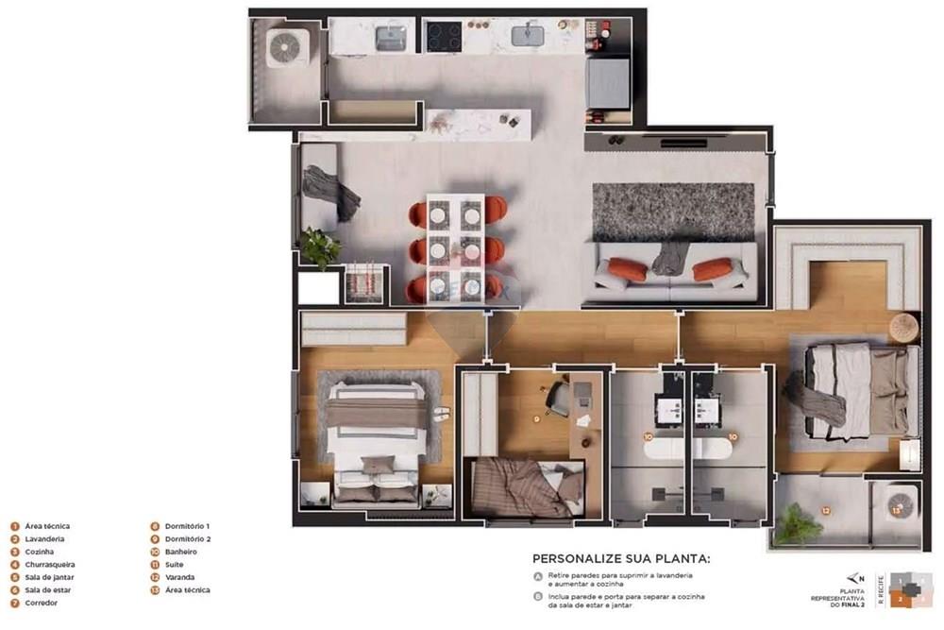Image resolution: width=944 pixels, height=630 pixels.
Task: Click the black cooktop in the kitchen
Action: pos(444,37)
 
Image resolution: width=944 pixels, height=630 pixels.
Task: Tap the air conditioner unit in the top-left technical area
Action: pos(287,47)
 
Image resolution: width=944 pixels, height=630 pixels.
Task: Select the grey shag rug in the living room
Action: pos(673,211)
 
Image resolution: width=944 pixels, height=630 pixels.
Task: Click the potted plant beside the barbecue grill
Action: pos(320,247)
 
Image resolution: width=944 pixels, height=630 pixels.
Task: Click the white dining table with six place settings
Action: pos(455,247)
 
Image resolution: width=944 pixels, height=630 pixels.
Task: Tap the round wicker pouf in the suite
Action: pos(903,327)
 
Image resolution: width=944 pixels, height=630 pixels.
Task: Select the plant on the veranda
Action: pos(799,524)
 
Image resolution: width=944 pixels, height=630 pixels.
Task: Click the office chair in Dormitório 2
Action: pos(559,398)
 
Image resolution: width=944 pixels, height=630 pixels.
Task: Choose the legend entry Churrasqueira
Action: pos(50,565)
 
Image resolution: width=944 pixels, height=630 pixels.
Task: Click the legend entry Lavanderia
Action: pos(45,539)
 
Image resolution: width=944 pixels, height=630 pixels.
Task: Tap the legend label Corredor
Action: pos(42,603)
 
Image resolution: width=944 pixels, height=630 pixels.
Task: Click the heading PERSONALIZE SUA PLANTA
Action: pos(620,558)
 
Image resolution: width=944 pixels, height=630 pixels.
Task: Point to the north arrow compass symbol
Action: pos(855,578)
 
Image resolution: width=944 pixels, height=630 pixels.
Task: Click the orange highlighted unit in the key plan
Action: pos(902,598)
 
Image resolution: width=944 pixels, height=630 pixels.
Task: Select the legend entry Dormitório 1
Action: pos(187,526)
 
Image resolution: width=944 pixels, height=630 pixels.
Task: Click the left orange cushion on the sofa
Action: pos(627,269)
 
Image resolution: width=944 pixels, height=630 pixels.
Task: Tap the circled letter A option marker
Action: pos(537,575)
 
